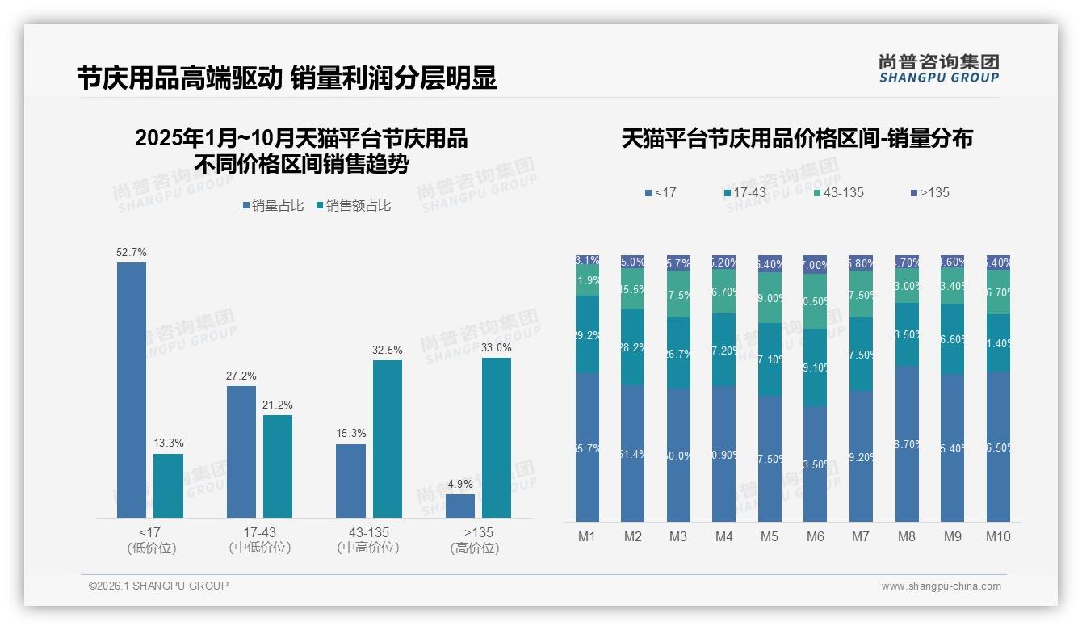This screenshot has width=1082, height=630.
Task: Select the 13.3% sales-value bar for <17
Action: pos(168,485)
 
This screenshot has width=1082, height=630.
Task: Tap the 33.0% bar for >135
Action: pos(497,437)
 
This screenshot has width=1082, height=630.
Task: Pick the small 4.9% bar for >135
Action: pos(460,506)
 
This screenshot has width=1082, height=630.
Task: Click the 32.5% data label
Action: pos(388,350)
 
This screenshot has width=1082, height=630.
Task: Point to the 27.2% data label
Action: pos(241,376)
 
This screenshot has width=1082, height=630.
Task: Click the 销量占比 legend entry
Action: pos(274,206)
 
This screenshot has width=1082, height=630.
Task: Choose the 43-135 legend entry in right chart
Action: pos(839,192)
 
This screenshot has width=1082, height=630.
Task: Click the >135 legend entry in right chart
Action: pos(930,192)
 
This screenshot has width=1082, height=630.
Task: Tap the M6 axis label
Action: pos(815,536)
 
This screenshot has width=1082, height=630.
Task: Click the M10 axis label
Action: pos(998,536)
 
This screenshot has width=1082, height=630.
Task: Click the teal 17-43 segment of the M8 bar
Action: pos(907,334)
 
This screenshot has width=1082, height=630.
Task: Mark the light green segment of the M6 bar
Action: pos(815,301)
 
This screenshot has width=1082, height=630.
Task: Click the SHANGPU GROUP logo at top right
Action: pos(939,68)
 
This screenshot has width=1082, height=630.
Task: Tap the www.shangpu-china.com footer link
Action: pos(941,586)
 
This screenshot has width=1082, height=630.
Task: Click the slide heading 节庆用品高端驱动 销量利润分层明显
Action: pos(287,78)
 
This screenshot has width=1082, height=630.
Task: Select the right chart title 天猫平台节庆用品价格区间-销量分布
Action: pos(797,138)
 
